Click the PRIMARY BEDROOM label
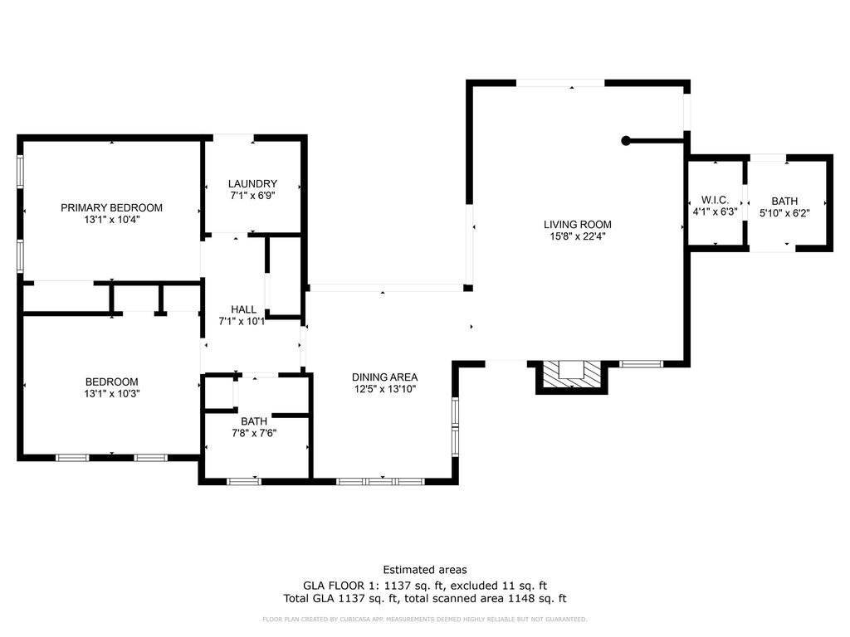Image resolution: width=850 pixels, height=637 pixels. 111,207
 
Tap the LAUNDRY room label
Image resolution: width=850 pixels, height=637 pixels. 252,183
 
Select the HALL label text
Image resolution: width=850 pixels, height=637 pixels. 237,309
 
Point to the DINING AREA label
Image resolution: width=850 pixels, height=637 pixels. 384,377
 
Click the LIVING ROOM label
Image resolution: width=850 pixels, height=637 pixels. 578,224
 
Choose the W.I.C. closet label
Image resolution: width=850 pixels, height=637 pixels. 715,200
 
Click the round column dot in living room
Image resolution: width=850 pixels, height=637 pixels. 627,141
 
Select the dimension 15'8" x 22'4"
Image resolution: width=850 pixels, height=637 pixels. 578,236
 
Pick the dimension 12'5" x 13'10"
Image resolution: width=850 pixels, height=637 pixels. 384,389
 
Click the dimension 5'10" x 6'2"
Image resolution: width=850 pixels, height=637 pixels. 784,213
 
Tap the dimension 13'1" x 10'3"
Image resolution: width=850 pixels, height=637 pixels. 111,394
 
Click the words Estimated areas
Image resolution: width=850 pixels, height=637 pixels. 424,569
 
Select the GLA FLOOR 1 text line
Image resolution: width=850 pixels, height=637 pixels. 424,585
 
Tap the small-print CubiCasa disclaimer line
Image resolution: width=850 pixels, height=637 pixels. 424,620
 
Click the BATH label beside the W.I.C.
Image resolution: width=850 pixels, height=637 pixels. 784,201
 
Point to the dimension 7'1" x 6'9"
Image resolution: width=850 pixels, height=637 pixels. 252,196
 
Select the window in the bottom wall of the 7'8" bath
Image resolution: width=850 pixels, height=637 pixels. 244,481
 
